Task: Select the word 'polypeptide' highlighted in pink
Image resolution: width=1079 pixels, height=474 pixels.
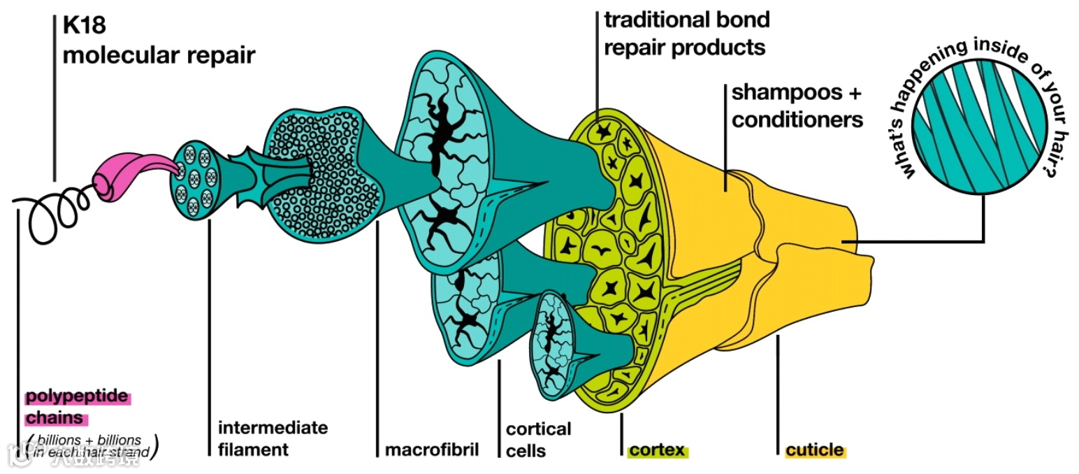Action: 78,397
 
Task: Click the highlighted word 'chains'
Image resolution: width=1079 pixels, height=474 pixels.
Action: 55,419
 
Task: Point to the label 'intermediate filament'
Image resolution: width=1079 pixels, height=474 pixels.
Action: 273,438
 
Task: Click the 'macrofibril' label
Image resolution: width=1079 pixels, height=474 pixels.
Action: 432,449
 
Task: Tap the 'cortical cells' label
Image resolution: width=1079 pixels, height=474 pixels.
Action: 538,439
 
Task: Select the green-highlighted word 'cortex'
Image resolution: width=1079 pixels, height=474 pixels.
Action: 657,450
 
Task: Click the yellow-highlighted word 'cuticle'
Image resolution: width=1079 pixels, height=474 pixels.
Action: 815,450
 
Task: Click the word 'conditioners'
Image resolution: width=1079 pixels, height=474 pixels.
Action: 797,120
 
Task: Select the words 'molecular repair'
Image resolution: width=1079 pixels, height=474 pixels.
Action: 159,55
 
